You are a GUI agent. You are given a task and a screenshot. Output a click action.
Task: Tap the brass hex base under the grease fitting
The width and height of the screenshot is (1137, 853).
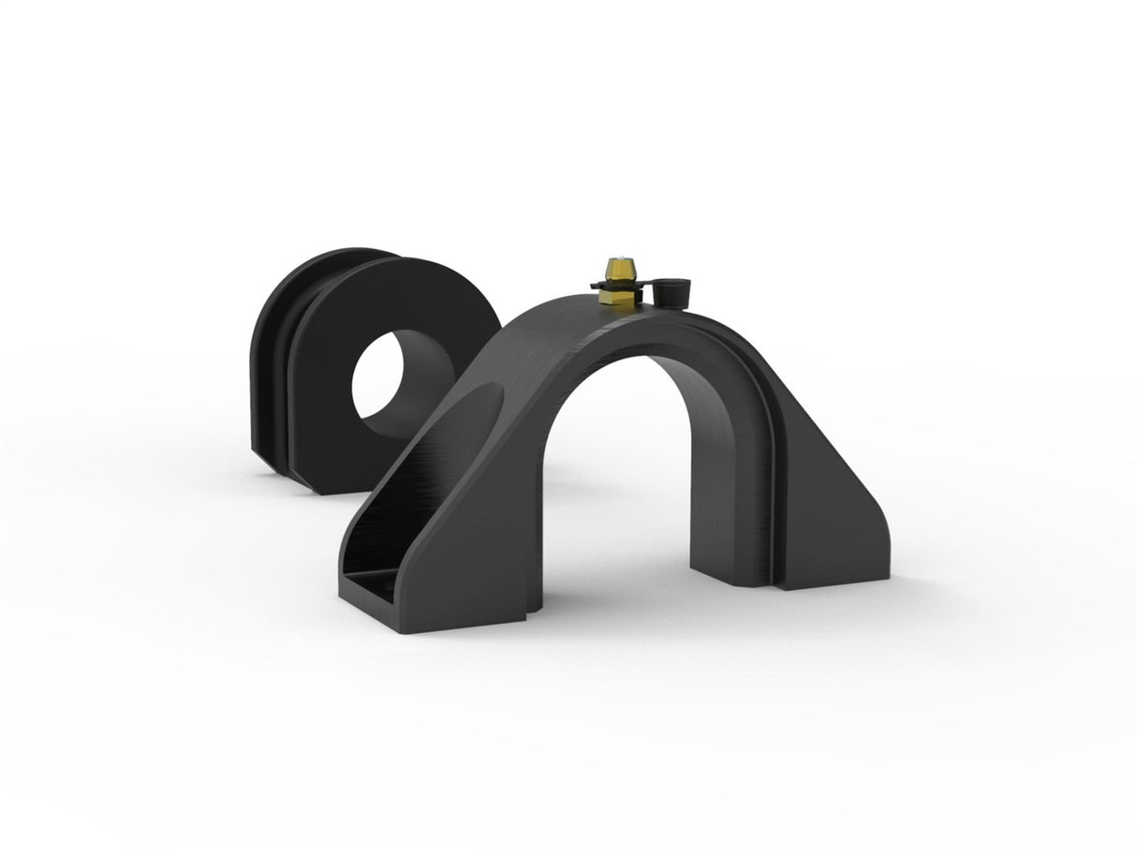coord(615,296)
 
